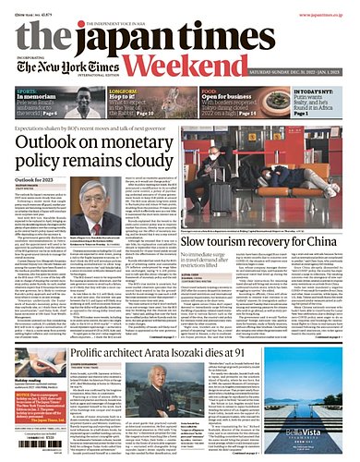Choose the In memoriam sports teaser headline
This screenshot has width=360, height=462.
coord(42,95)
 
